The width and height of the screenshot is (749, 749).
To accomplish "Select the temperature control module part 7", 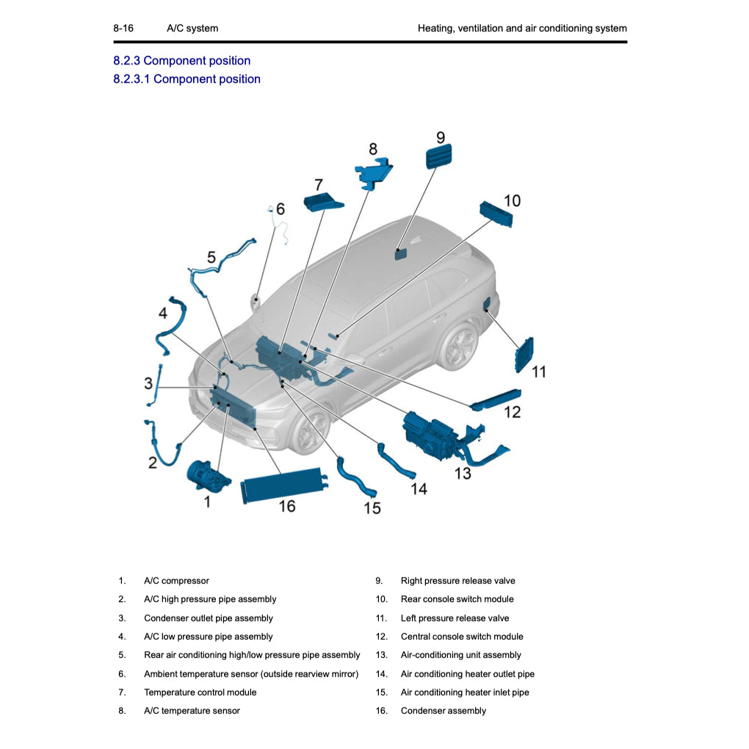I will point(324,203).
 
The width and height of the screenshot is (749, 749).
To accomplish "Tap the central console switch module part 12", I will point(496,397).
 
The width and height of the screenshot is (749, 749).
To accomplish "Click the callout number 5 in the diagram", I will point(211,257).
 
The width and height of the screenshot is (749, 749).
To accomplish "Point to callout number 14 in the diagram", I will point(419,488).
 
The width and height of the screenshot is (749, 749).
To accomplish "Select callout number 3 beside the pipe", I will point(148,383).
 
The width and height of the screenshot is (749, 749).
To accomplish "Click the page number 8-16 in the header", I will point(123,29).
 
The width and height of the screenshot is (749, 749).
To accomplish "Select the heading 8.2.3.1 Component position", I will point(187,79).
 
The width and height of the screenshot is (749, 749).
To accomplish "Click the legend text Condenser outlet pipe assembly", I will point(208,618).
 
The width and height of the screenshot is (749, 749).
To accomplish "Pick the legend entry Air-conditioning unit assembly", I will point(460,655).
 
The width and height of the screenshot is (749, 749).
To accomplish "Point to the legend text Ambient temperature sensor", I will point(250,674).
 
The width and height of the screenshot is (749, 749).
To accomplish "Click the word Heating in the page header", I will point(437,29).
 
